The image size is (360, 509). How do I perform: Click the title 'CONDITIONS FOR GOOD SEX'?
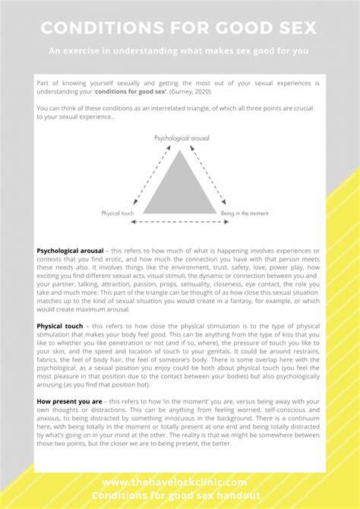[179, 28]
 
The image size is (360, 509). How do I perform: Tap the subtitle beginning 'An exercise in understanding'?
[179, 52]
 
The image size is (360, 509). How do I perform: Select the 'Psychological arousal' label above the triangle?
[182, 139]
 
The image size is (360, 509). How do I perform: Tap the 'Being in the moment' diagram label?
[243, 213]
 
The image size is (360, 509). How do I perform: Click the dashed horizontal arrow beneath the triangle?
[179, 223]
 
